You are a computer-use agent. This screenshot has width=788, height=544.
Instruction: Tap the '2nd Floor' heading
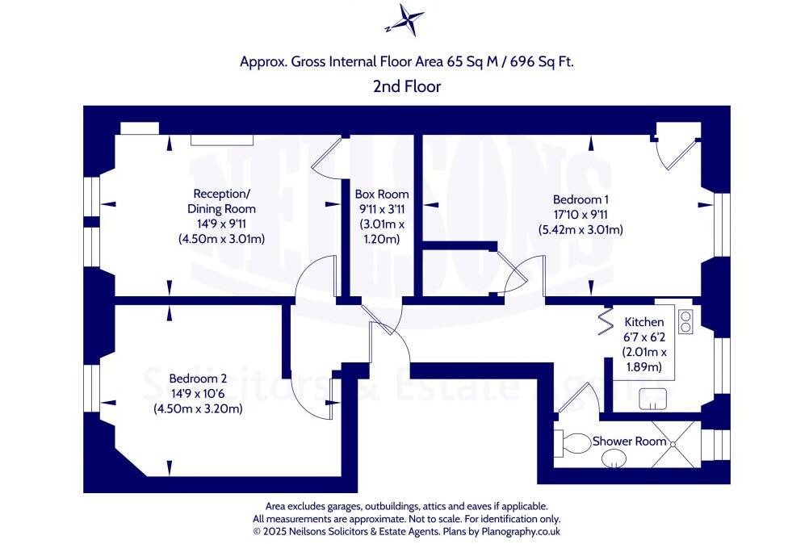coord(407,86)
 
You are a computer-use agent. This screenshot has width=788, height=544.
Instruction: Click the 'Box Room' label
coord(382,195)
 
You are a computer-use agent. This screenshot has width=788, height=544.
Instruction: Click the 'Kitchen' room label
coord(644,322)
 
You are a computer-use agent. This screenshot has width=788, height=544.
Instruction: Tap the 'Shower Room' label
coord(630,441)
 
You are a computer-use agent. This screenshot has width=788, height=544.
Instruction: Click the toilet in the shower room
coord(575,443)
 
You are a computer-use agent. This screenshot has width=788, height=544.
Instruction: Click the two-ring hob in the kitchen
coord(686,321)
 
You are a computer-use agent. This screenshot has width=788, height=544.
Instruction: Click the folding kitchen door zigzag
coord(605,322)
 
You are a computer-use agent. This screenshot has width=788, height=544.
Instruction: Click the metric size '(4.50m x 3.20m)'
coord(198,409)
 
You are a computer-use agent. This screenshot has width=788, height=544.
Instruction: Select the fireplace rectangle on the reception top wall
coord(222,140)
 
